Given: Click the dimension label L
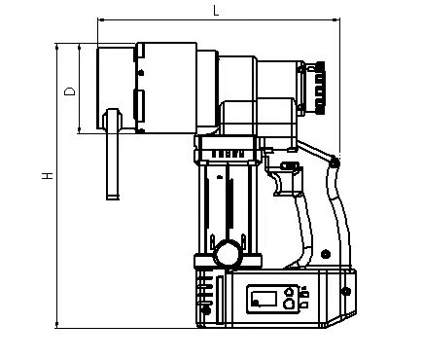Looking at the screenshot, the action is [216, 11].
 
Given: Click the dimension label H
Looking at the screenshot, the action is [48, 175].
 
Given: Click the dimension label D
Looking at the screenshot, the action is [69, 91].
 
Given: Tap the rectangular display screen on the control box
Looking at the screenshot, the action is [264, 299].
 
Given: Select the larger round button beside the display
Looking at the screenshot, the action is [289, 304].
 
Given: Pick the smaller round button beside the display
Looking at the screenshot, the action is [289, 292].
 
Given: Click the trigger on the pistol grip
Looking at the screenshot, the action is [278, 184].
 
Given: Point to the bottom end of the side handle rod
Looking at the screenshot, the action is [113, 198].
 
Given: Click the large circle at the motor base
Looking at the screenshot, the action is [229, 253].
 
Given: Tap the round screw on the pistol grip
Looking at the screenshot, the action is [326, 254].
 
